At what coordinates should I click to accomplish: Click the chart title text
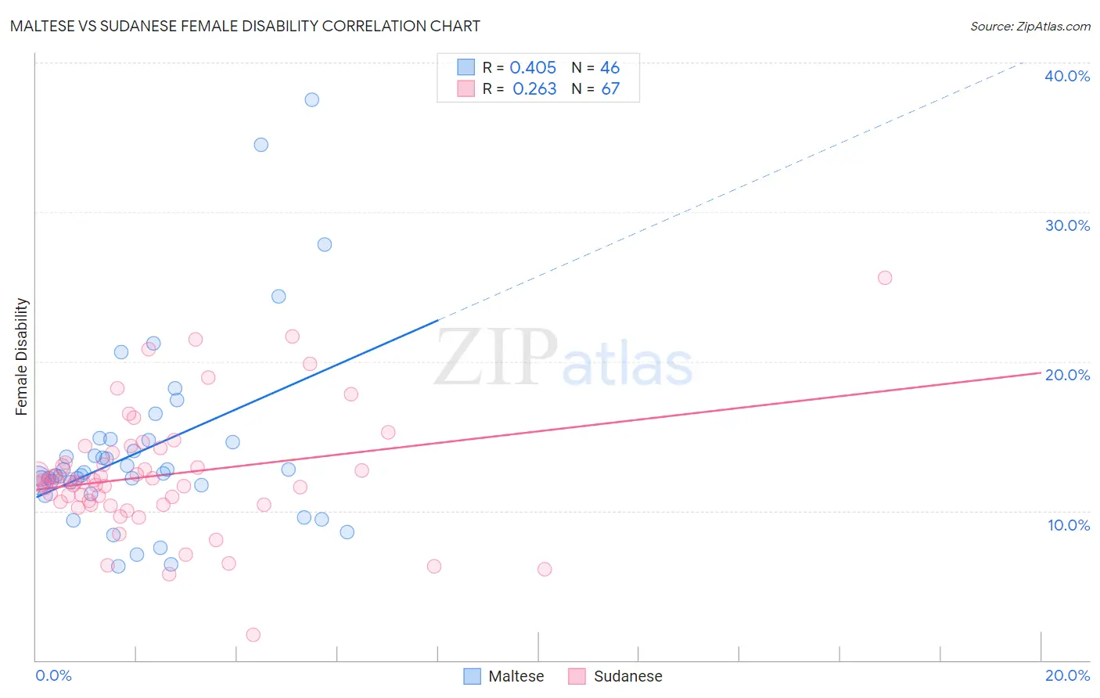pyautogui.click(x=245, y=26)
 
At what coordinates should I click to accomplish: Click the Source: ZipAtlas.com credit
pyautogui.click(x=1030, y=26)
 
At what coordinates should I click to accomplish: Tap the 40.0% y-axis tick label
pyautogui.click(x=1066, y=76)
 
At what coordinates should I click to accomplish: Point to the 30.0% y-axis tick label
pyautogui.click(x=1066, y=225)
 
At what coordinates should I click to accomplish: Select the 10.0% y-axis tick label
pyautogui.click(x=1068, y=524)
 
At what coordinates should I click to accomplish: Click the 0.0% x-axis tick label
pyautogui.click(x=53, y=675)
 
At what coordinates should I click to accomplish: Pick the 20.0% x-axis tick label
pyautogui.click(x=1067, y=675)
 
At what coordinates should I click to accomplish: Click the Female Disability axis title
pyautogui.click(x=22, y=356)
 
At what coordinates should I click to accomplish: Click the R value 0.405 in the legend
pyautogui.click(x=533, y=68)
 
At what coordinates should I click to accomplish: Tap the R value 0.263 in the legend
pyautogui.click(x=534, y=89)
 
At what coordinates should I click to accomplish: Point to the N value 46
pyautogui.click(x=609, y=68)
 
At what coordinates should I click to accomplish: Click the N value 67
pyautogui.click(x=609, y=89)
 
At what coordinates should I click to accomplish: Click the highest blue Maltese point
pyautogui.click(x=311, y=99)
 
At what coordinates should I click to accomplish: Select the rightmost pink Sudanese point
pyautogui.click(x=885, y=278)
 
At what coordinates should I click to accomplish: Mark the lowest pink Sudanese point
pyautogui.click(x=253, y=635)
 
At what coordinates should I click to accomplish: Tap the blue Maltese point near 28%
pyautogui.click(x=324, y=244)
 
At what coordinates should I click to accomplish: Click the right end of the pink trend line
pyautogui.click(x=1040, y=372)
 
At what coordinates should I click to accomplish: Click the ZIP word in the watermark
pyautogui.click(x=496, y=357)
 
